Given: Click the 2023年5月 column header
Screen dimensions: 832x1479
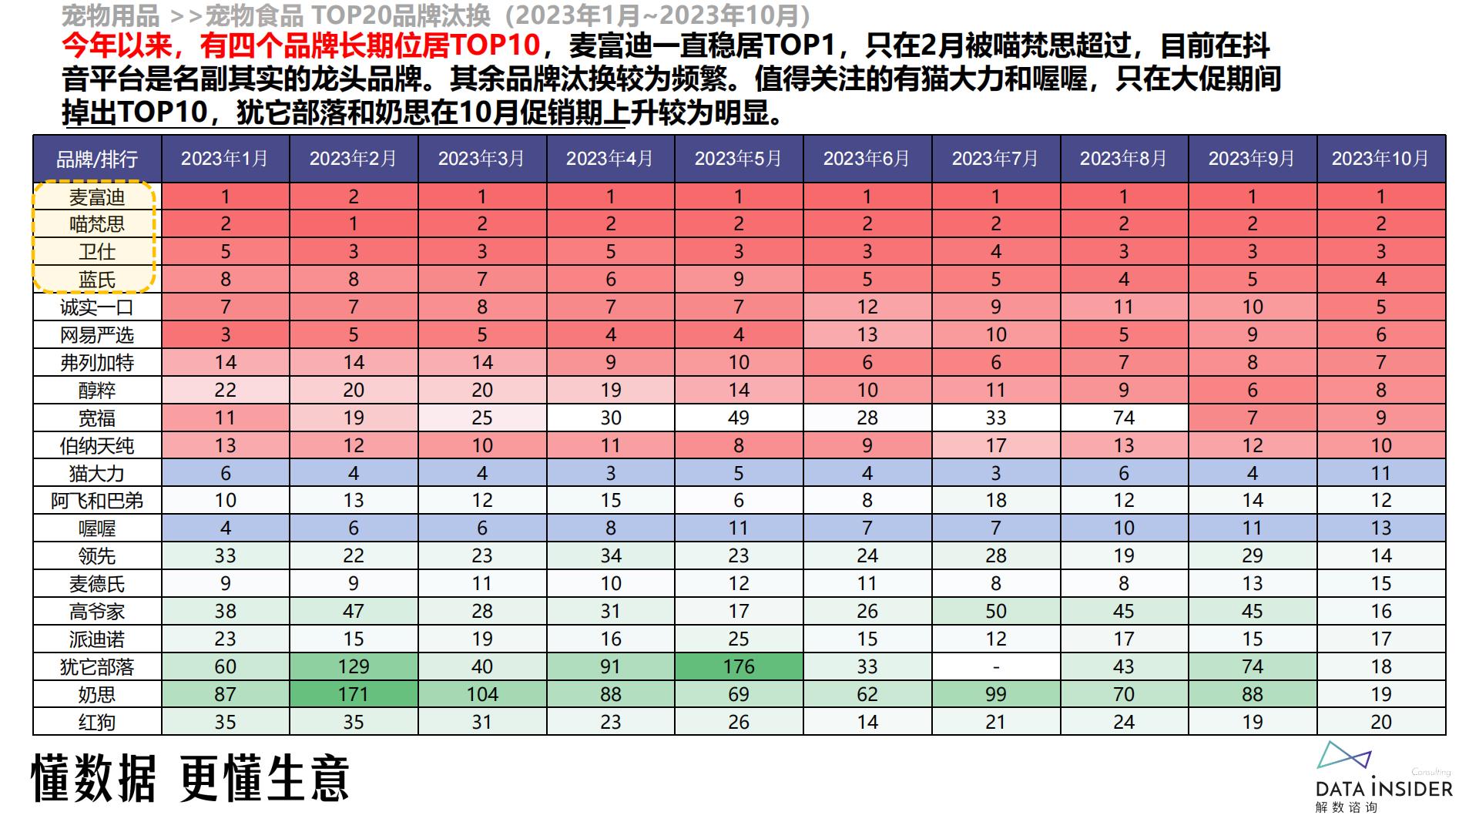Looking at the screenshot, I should click(738, 159).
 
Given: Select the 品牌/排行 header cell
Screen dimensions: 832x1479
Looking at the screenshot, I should click(97, 159).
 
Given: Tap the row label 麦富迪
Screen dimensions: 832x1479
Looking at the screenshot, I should click(97, 197).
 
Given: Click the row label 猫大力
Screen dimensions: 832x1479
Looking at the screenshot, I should click(97, 473).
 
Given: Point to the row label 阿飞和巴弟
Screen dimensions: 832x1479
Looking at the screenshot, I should click(97, 501).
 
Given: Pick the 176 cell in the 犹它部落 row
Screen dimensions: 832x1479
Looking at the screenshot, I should click(738, 666).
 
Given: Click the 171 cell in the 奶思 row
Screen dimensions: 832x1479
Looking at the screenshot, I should click(353, 694).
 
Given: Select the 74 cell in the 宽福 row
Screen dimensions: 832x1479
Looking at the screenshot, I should click(1123, 418).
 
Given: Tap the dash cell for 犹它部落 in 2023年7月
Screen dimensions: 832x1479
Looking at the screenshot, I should click(995, 666).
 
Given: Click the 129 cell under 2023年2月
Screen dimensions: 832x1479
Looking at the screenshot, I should click(353, 666).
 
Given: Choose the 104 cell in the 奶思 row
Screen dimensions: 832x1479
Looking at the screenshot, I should click(481, 694).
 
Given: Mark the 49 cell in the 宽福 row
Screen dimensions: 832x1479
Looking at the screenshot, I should click(738, 418).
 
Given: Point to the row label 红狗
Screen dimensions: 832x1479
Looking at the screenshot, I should click(97, 722).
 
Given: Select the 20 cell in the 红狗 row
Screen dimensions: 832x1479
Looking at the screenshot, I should click(1380, 722).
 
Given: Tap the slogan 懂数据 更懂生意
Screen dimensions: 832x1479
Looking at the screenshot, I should click(190, 778).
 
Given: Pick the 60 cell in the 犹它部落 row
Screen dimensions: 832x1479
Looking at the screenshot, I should click(225, 666).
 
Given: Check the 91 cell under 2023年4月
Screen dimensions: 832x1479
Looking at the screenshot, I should click(610, 666).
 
